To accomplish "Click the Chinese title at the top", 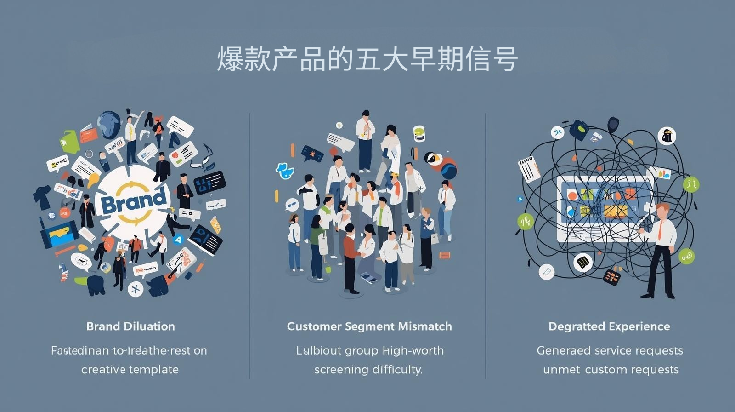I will pyautogui.click(x=367, y=59).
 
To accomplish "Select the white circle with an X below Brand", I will pyautogui.click(x=136, y=288).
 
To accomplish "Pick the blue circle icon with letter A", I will pyautogui.click(x=178, y=239).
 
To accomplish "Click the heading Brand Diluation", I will pyautogui.click(x=130, y=326).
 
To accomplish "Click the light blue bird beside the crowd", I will pyautogui.click(x=285, y=170).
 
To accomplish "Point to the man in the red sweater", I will pyautogui.click(x=351, y=251).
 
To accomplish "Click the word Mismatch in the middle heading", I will pyautogui.click(x=425, y=326).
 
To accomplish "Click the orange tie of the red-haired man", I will pyautogui.click(x=660, y=230).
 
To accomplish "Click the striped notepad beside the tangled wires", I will pyautogui.click(x=529, y=169).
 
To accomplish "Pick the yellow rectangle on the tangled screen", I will pyautogui.click(x=616, y=212).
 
